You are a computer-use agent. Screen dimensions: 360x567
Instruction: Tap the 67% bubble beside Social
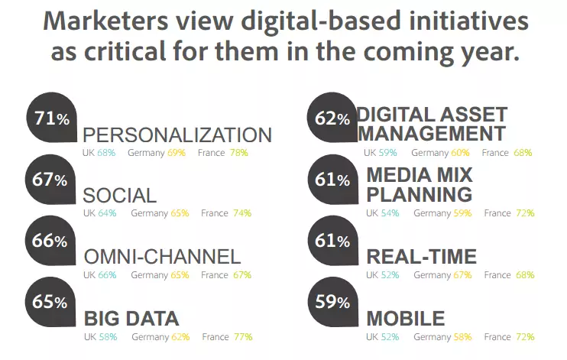click(50, 180)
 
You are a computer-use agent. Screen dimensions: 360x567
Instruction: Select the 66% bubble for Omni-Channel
click(50, 241)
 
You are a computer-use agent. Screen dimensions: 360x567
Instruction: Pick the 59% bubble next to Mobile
click(332, 301)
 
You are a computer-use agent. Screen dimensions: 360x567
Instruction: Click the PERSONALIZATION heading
click(177, 135)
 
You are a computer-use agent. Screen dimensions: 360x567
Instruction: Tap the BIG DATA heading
click(131, 319)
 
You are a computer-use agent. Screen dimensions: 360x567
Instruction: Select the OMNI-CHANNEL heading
click(162, 257)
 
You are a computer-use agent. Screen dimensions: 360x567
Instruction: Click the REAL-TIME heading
click(422, 257)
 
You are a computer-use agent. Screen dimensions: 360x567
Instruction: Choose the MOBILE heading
click(405, 319)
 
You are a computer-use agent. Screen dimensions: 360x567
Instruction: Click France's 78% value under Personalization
click(238, 153)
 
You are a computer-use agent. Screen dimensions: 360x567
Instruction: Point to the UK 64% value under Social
click(107, 213)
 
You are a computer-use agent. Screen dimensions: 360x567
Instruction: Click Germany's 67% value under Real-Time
click(462, 275)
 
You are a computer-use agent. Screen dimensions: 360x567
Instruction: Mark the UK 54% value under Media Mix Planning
click(390, 213)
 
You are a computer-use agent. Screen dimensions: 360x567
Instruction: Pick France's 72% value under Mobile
click(524, 336)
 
